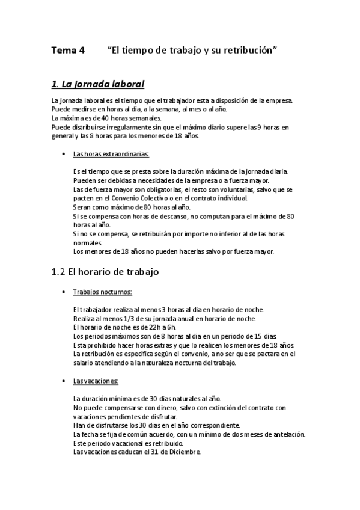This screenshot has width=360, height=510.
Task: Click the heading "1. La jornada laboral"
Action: tap(98, 84)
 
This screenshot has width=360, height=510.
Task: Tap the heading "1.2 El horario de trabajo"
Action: tap(105, 272)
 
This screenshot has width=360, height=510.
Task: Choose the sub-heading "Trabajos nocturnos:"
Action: tap(98, 292)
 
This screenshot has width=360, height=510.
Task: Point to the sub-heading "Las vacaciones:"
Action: tap(96, 381)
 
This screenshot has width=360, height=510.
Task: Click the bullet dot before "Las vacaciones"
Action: tap(64, 382)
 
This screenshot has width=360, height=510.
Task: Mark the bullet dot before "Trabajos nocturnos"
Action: tap(64, 293)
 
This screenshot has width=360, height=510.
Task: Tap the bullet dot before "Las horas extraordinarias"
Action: tap(64, 155)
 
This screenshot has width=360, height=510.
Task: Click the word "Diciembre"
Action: tap(186, 452)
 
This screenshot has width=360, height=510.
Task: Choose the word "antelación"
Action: tap(288, 434)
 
